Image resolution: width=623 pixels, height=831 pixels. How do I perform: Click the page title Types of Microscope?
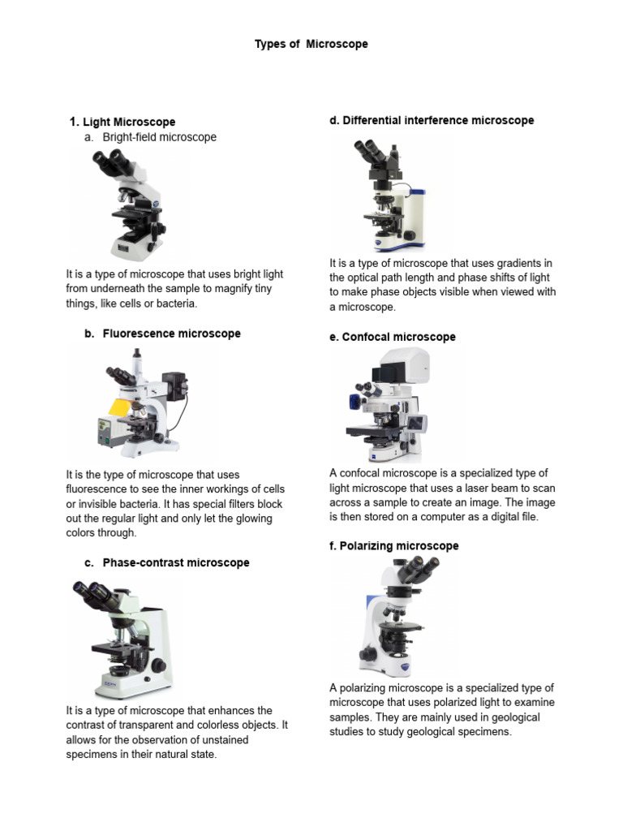pos(311,44)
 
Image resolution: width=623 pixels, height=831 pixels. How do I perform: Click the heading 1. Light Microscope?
pos(122,122)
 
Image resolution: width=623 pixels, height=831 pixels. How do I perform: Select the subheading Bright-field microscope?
pos(159,137)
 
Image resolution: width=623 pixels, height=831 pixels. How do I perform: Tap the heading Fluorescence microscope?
pos(171,334)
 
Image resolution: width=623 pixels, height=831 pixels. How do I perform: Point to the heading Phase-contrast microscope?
pos(175,562)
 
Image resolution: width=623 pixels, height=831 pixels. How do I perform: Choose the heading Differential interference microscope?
pos(432,120)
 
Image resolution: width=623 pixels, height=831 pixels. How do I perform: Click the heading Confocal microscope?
pos(393,337)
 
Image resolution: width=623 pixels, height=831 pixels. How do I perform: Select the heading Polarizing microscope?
pos(393,546)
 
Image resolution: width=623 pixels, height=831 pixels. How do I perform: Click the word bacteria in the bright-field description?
pos(174,304)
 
